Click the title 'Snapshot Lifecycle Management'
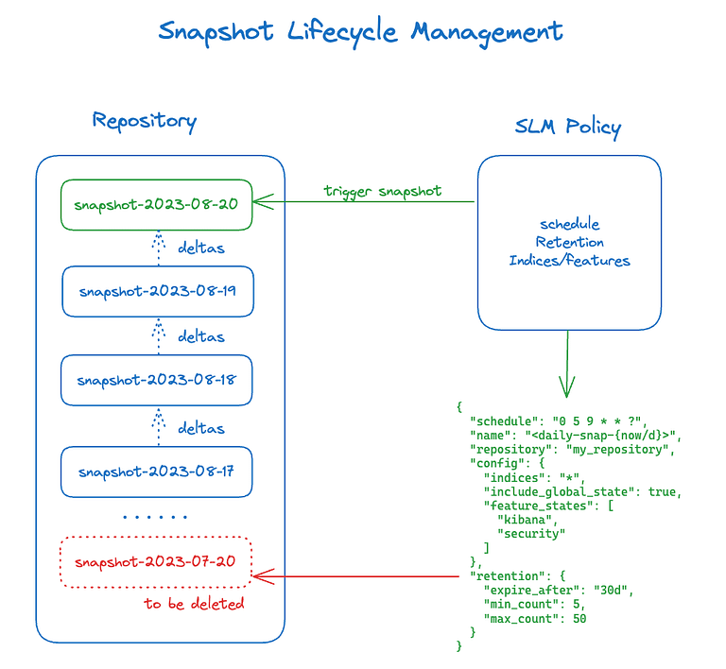coord(360,31)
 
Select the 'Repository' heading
coord(144,121)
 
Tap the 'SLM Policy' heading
coord(567,128)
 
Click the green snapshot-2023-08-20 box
coord(156,205)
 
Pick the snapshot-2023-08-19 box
coord(157,291)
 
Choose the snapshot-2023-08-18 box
coord(156,381)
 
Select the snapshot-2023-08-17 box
coord(156,472)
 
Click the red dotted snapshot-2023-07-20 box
coord(156,561)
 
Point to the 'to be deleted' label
coord(194,604)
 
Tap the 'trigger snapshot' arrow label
coord(382,191)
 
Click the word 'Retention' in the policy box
coord(569,243)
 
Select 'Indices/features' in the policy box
coord(569,261)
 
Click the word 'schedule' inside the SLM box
coord(569,225)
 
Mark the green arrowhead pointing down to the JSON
coord(567,387)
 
